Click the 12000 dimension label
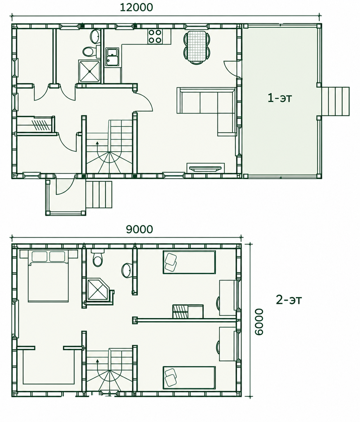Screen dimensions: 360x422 tap(136, 7)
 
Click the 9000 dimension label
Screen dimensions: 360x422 tap(139, 230)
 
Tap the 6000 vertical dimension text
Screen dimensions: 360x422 tap(259, 322)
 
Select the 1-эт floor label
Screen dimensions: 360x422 tap(280, 98)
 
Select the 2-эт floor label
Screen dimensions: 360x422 tap(289, 300)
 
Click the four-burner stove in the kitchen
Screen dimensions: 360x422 tap(155, 36)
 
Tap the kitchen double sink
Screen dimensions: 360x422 tap(112, 57)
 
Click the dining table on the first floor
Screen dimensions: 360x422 tap(197, 47)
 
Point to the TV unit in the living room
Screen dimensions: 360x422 tap(206, 168)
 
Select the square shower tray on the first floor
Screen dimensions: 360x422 tap(89, 71)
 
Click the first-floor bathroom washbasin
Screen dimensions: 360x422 tap(95, 36)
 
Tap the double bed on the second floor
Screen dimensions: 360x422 tap(48, 276)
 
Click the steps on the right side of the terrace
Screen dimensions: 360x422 tap(335, 101)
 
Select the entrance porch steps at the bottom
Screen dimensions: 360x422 tap(99, 195)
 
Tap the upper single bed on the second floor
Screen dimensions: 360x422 tap(189, 262)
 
